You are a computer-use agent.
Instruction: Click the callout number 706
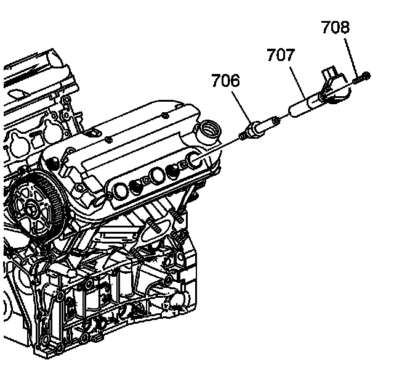[225, 81]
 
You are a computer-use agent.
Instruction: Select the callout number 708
[335, 27]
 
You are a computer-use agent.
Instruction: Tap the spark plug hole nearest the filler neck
[191, 162]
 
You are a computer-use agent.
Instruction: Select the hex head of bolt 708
[366, 75]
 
